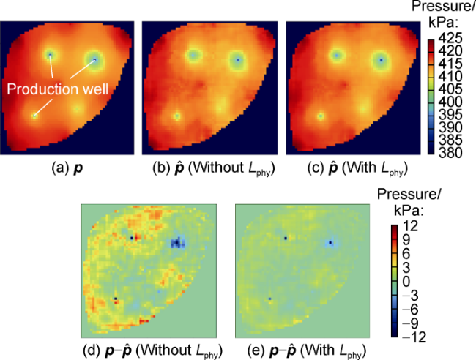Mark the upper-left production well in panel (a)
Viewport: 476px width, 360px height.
(50, 54)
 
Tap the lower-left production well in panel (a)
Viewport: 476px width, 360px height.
(34, 115)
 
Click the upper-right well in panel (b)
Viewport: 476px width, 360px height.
(238, 59)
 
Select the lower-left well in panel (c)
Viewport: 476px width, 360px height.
(320, 116)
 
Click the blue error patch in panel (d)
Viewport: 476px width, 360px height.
(176, 242)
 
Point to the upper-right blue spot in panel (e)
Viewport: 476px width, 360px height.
(330, 243)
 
